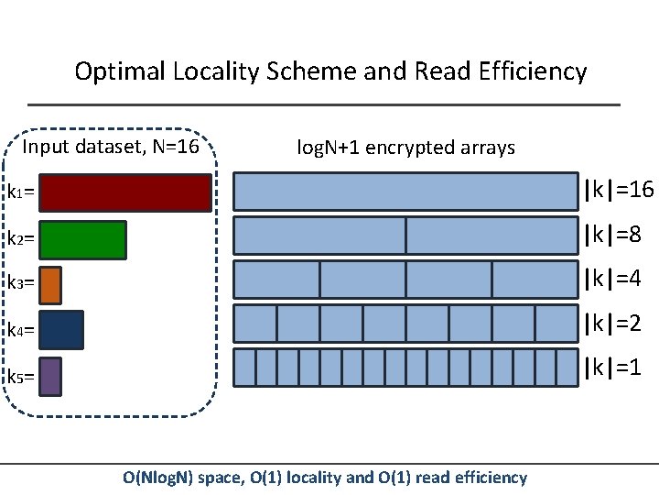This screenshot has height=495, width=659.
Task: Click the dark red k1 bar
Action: tap(125, 192)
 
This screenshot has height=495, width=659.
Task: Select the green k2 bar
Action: tap(82, 240)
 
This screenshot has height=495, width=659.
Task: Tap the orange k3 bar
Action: tap(50, 285)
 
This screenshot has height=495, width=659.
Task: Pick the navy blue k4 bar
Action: tap(61, 330)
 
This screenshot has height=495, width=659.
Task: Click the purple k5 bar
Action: tap(50, 377)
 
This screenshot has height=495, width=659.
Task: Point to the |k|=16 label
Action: tap(619, 190)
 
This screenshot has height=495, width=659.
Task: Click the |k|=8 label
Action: tap(612, 234)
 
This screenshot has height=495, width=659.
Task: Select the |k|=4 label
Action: tap(612, 279)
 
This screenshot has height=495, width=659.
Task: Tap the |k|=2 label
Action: tap(612, 324)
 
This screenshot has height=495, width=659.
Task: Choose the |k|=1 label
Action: tap(612, 368)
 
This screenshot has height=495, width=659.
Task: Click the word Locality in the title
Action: tap(216, 71)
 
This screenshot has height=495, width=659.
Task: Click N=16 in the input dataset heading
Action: tap(176, 147)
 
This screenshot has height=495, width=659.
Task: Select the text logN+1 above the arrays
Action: tap(329, 148)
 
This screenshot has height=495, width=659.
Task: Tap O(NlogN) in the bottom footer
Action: tap(157, 478)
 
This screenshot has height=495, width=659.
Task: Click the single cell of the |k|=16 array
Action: tap(406, 192)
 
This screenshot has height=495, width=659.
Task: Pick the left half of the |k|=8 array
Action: tap(319, 236)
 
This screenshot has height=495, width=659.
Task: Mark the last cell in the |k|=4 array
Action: tap(535, 280)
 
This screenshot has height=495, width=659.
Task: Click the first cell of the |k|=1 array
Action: tap(244, 368)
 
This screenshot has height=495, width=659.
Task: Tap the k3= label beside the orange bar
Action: tap(20, 282)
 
